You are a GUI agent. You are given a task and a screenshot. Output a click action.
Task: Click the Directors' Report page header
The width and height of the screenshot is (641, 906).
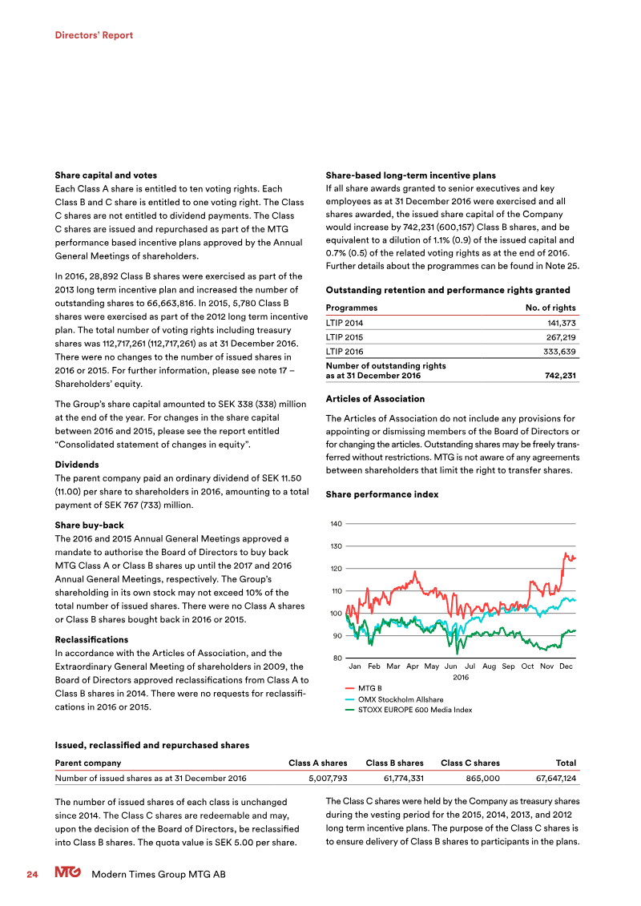point(94,35)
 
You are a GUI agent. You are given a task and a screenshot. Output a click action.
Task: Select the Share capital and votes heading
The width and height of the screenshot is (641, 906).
point(106,175)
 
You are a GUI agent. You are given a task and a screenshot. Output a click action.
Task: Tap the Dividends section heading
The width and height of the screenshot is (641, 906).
point(77,465)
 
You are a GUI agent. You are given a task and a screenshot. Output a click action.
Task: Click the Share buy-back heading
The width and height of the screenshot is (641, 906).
point(89,525)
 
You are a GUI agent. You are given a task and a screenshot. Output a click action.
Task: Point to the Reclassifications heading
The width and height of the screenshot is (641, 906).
point(91,640)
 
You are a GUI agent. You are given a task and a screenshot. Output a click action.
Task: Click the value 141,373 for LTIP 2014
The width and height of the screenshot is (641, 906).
point(559,323)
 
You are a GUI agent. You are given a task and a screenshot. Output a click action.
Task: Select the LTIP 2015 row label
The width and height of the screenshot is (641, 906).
point(344,337)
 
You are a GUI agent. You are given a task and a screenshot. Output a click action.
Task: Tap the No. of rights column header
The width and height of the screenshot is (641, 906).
point(550,308)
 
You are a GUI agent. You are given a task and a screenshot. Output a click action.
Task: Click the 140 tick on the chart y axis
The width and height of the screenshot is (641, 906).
point(337,524)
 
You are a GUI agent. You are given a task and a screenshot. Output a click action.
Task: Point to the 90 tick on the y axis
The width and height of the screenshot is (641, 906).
point(338,636)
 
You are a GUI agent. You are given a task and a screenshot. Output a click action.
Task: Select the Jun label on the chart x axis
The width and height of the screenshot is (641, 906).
point(450,666)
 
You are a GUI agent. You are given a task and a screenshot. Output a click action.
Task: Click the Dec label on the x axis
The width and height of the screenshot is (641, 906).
point(566,666)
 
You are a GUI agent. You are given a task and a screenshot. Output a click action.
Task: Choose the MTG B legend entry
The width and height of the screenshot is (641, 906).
point(369,688)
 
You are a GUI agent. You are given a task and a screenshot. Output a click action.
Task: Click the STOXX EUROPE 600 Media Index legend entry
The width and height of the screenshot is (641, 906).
point(414,710)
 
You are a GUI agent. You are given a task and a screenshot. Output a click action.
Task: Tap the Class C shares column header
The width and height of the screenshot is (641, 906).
point(470,763)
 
